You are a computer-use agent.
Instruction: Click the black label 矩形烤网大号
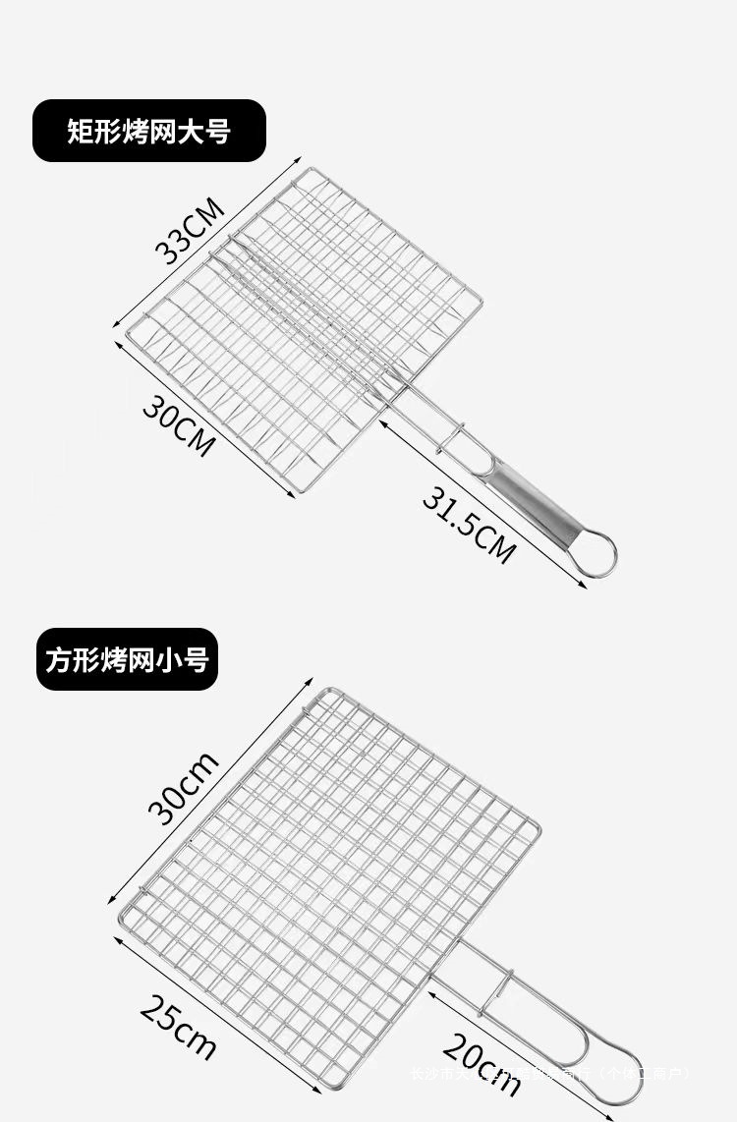(149, 131)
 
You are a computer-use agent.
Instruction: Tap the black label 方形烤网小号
(125, 658)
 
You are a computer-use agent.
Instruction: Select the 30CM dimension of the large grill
(178, 424)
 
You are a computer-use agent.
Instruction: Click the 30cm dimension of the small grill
(184, 787)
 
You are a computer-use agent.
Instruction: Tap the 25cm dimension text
(178, 1028)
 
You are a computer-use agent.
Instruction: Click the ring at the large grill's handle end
(596, 554)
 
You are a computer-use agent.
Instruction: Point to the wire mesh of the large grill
(305, 324)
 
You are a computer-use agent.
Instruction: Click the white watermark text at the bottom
(550, 1074)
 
